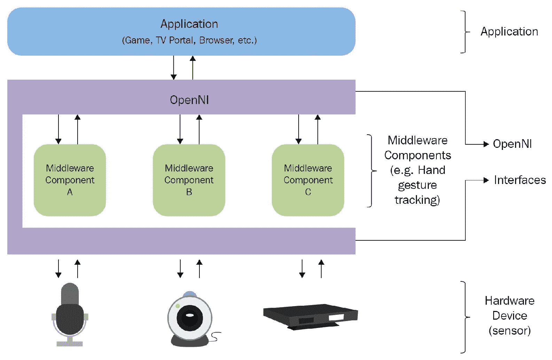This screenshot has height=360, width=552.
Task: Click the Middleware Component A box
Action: (70, 180)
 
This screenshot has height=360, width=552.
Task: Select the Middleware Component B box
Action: (189, 180)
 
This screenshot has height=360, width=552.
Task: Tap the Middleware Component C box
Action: (308, 180)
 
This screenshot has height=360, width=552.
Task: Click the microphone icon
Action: (70, 315)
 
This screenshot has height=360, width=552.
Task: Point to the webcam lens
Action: (190, 315)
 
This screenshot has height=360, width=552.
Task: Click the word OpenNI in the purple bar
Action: (189, 100)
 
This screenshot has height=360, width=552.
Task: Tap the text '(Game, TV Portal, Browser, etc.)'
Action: (189, 40)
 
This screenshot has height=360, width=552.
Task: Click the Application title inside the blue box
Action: (189, 24)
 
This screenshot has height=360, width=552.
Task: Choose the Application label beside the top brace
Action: (509, 32)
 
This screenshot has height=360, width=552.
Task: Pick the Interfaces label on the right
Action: (520, 180)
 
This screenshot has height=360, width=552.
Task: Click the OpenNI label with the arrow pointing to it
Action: (512, 144)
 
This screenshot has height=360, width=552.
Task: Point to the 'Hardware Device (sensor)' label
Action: (510, 315)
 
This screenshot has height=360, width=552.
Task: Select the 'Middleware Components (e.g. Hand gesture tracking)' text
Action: (417, 170)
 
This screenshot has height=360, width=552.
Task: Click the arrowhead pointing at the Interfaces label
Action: (486, 180)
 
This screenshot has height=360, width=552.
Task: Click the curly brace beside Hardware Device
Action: (465, 317)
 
